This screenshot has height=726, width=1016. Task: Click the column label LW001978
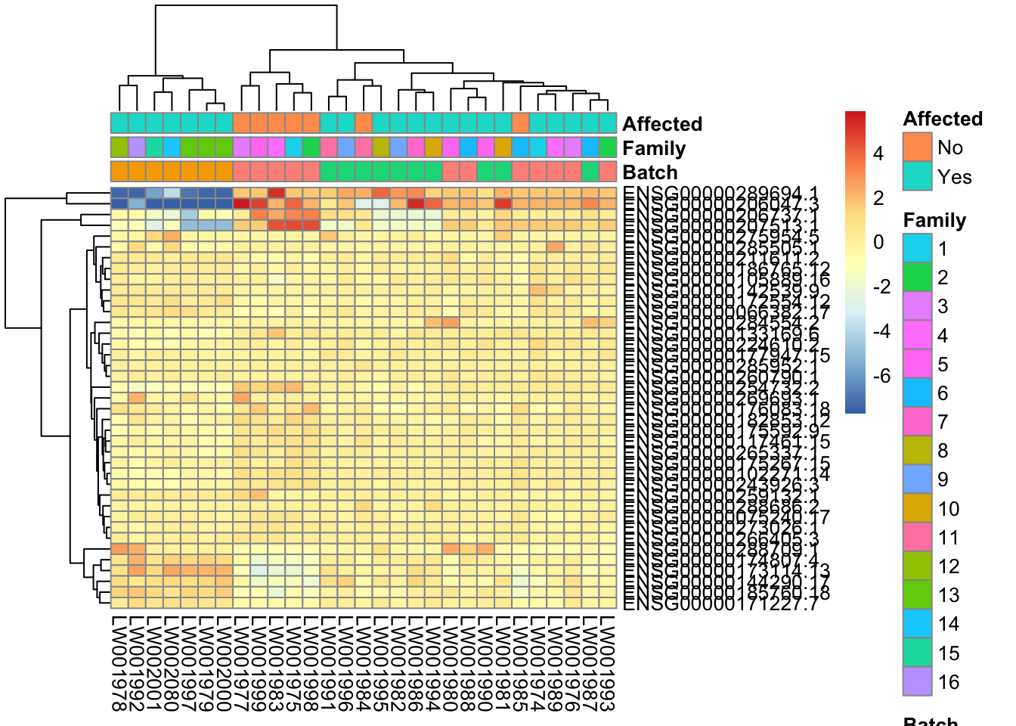pos(119,664)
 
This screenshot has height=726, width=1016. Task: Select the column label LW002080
pos(172,664)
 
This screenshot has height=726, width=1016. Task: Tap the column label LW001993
pos(608,664)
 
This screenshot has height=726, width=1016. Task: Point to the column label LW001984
pos(364,664)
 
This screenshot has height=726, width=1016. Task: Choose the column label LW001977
pos(241,664)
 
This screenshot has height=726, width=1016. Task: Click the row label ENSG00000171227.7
pos(720,604)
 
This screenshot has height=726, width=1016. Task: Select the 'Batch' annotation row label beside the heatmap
pos(650,172)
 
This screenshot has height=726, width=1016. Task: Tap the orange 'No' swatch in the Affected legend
pos(917,147)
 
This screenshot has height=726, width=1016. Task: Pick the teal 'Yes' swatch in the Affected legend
pos(917,176)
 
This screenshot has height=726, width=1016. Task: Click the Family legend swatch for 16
pos(917,681)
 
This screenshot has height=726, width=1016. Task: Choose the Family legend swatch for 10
pos(917,508)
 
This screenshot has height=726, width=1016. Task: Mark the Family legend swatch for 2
pos(917,278)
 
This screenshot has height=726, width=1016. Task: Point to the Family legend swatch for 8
pos(917,451)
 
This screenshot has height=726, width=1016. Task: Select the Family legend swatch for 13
pos(917,595)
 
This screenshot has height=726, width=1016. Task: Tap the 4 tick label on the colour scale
pos(878,154)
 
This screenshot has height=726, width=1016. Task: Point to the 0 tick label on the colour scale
pos(878,243)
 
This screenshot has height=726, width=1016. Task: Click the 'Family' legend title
pos(934,220)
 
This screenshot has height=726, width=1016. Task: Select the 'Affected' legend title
pos(943,119)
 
